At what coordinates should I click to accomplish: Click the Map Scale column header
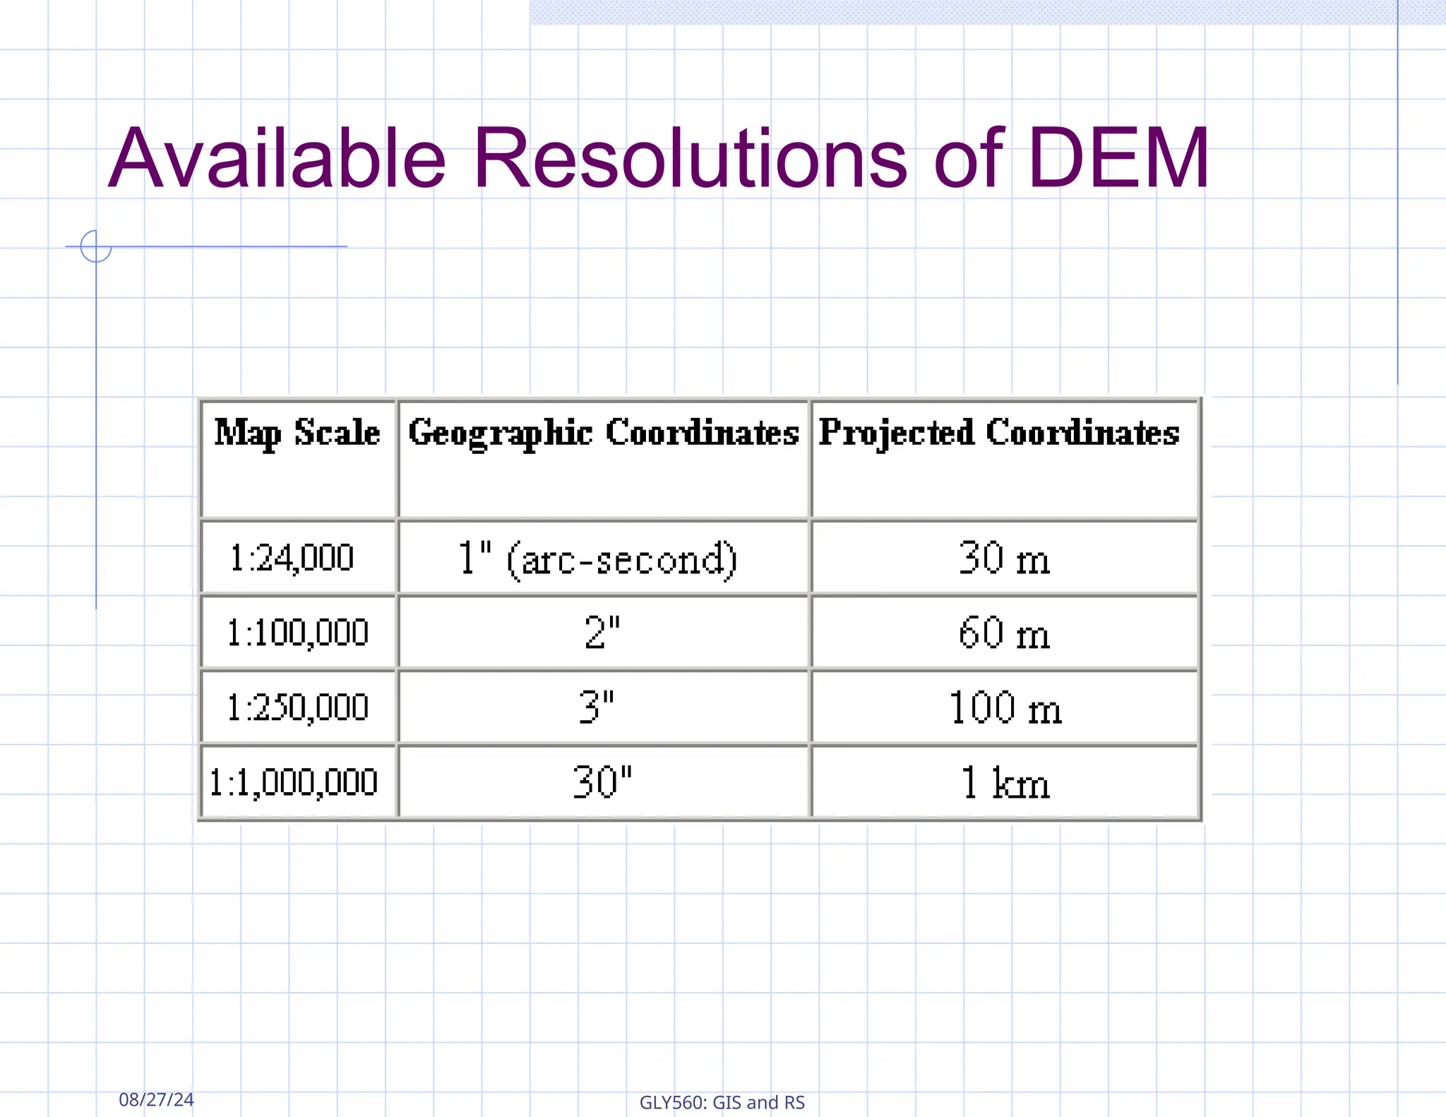(297, 432)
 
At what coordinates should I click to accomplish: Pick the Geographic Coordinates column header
(603, 432)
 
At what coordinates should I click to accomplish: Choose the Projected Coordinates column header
(999, 432)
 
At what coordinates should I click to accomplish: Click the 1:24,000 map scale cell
(292, 558)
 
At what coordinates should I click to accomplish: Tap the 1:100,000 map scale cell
(297, 633)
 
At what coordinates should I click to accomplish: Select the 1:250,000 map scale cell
(297, 707)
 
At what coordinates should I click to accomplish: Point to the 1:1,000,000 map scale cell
(294, 782)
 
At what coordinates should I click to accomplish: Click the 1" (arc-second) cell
(597, 559)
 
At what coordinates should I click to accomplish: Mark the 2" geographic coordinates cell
(602, 633)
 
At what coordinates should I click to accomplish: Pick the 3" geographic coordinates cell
(597, 707)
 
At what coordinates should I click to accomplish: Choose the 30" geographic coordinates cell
(602, 782)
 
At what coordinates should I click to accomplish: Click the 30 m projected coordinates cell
(1004, 558)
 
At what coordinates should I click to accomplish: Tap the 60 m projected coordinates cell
(1004, 633)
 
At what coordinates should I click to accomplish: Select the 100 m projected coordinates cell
(1005, 707)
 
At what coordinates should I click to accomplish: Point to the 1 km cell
(1005, 782)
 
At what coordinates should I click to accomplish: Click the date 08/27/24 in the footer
(156, 1099)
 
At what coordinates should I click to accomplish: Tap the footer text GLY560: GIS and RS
(722, 1102)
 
